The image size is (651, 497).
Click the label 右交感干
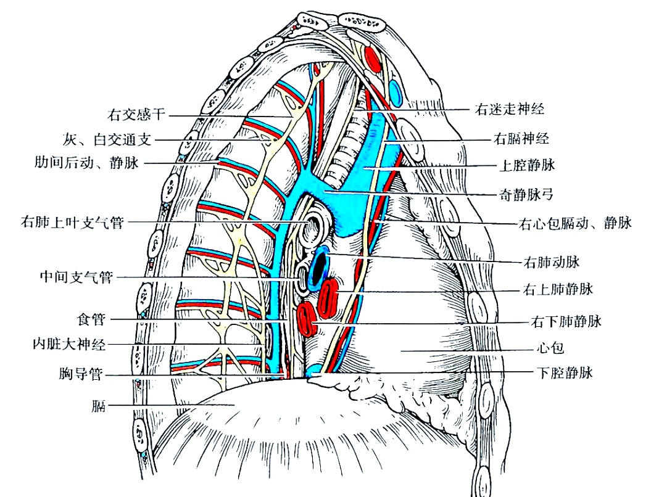point(137,115)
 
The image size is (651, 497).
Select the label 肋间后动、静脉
point(88,163)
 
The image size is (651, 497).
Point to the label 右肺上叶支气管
point(72,222)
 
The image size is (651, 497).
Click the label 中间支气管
point(73,277)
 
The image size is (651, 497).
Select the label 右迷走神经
point(510,110)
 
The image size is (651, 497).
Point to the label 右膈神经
point(521,139)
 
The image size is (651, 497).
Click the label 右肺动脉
point(551,263)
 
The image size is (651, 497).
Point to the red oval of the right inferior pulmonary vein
point(305,318)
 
